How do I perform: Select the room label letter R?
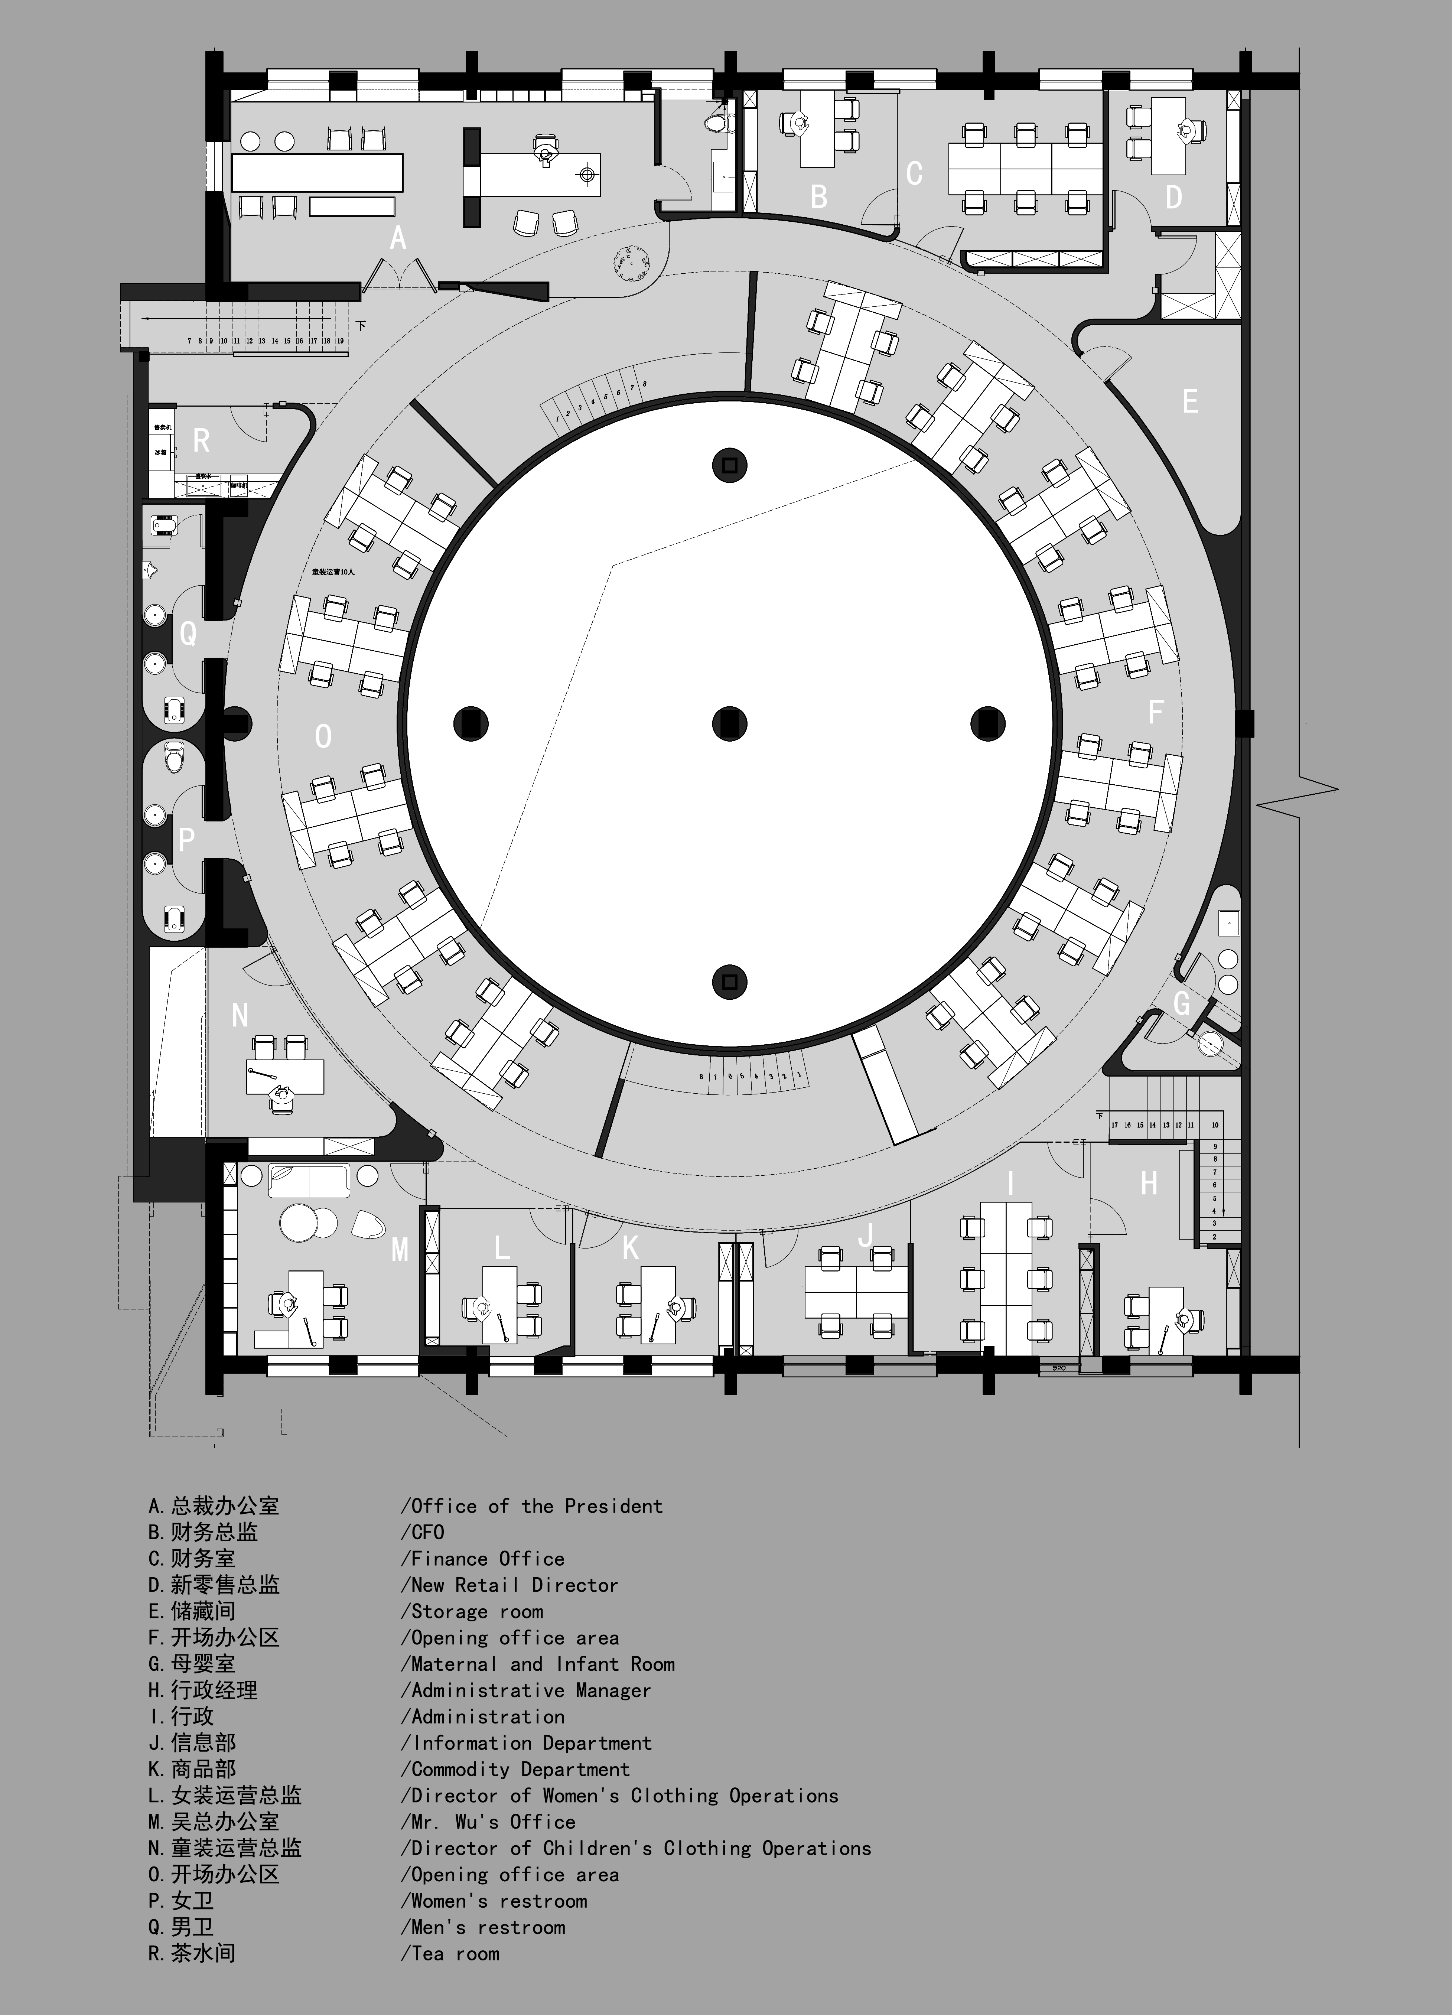[202, 441]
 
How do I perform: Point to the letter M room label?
[400, 1250]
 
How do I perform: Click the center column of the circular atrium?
[730, 723]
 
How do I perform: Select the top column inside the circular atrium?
[730, 465]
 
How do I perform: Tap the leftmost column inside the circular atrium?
[471, 723]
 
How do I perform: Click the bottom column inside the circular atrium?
[730, 982]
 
